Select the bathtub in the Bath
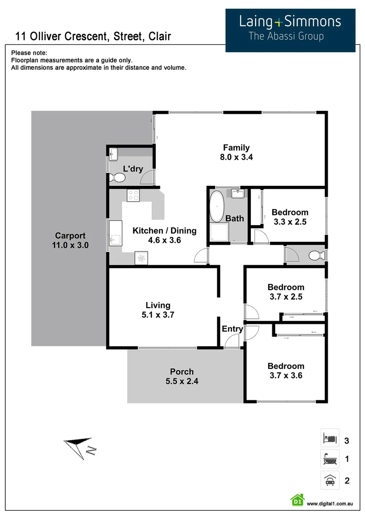click(x=217, y=206)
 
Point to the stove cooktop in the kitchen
click(x=133, y=195)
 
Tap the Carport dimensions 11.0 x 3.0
click(x=70, y=245)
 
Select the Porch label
click(x=182, y=371)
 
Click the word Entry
click(x=232, y=329)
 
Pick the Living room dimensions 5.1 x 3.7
click(x=158, y=315)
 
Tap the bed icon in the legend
click(x=330, y=438)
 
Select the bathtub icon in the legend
click(x=330, y=459)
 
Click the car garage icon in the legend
click(x=330, y=480)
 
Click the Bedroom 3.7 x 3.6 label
click(x=286, y=371)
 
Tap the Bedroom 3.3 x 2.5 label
click(x=290, y=217)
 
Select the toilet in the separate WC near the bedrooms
click(x=315, y=255)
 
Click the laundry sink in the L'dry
click(x=114, y=154)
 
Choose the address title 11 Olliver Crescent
click(x=93, y=36)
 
